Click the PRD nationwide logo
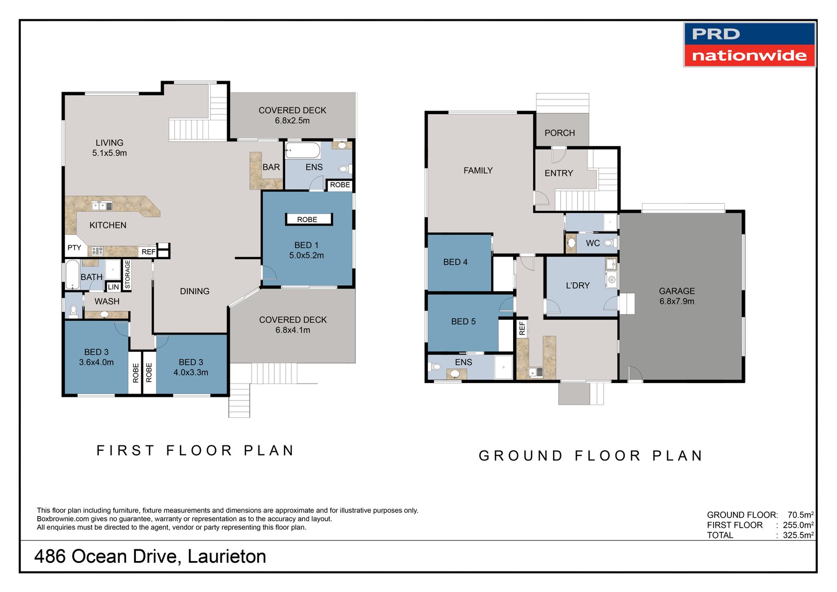coord(749,44)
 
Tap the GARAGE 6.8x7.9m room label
coord(676,296)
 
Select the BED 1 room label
coord(307,250)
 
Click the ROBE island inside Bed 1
coord(308,219)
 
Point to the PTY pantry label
coord(74,248)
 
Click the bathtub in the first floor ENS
coord(303,151)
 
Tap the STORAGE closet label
coord(127,274)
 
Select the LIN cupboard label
coord(113,287)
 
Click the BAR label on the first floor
coord(271,167)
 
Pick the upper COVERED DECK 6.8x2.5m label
coord(292,115)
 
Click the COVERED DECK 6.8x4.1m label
coord(292,325)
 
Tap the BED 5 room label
coord(463,321)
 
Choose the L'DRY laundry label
coord(578,285)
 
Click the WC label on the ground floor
coord(592,243)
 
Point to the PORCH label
coord(559,133)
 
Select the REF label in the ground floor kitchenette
coord(522,328)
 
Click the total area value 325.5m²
coord(798,535)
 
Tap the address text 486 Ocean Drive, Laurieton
coord(150,556)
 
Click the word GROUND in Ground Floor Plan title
coord(521,455)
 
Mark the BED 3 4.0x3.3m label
coord(191,367)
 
